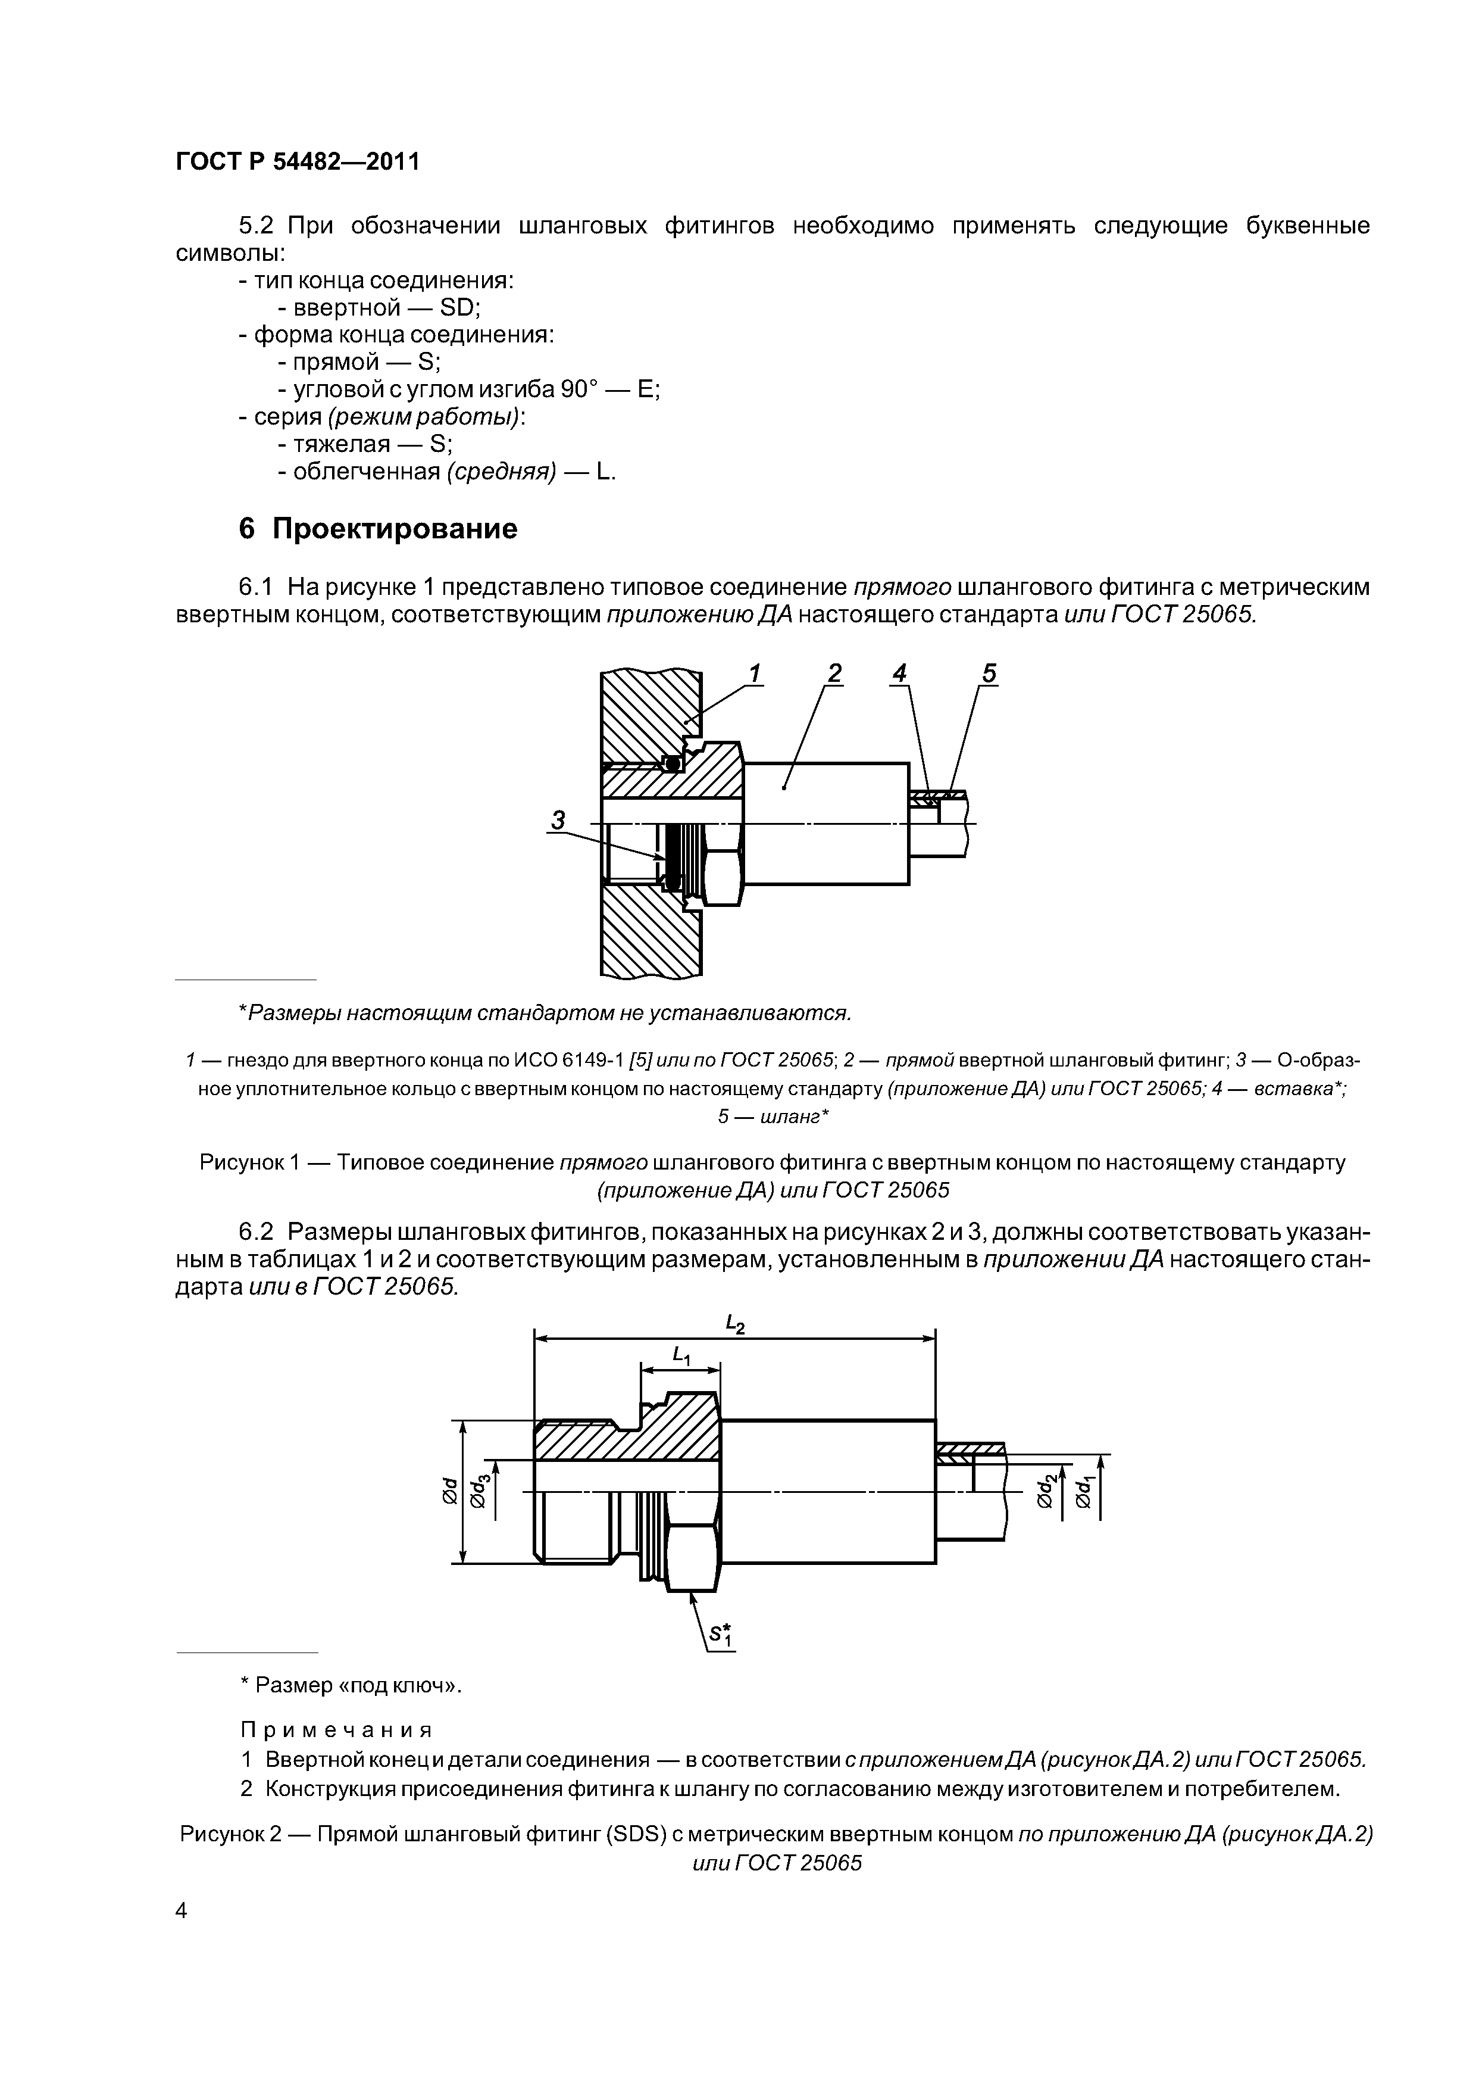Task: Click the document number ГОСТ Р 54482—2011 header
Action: [x=298, y=162]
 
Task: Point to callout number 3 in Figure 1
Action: [x=558, y=820]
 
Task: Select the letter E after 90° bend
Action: [x=646, y=389]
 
